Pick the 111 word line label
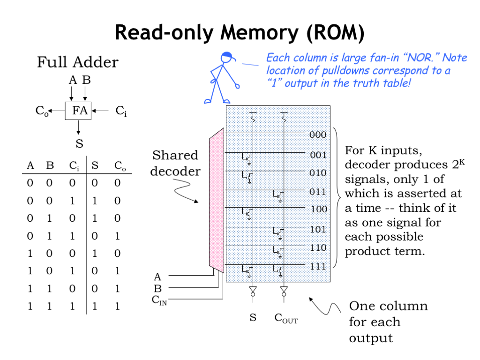click(x=318, y=266)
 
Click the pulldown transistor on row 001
click(x=247, y=158)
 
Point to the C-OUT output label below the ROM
click(x=286, y=319)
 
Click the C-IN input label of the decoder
click(x=159, y=300)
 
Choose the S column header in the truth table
click(x=95, y=165)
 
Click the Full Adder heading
click(x=78, y=62)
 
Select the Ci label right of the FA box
click(x=121, y=111)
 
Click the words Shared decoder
click(x=175, y=163)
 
